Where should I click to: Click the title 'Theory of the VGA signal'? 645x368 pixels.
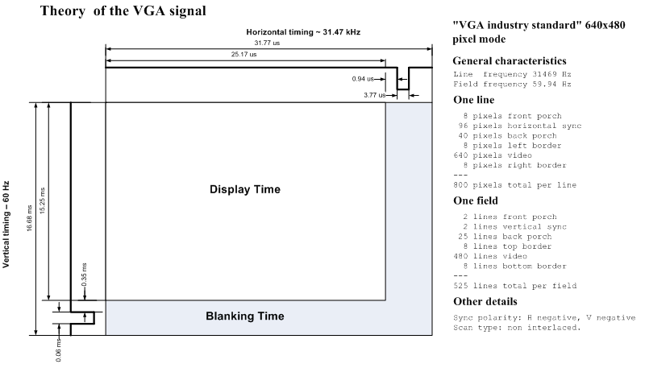[123, 10]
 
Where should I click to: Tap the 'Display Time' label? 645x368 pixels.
[245, 189]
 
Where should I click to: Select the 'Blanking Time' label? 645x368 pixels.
[245, 316]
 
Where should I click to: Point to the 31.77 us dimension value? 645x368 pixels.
[267, 43]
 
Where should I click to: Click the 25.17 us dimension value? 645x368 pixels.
[244, 54]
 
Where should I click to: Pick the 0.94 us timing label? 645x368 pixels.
[363, 79]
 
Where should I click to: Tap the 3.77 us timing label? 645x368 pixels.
[375, 95]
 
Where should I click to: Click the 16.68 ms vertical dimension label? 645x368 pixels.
[30, 218]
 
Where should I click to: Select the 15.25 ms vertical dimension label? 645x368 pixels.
[43, 201]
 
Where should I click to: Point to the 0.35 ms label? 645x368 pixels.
[84, 275]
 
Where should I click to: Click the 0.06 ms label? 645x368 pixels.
[58, 350]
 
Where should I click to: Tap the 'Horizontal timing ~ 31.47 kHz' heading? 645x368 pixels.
[303, 32]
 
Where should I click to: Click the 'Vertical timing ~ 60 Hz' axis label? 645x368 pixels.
[6, 224]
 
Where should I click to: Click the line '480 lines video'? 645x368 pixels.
[490, 256]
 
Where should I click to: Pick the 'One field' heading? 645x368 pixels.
[476, 201]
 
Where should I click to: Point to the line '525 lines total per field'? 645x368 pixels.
[515, 286]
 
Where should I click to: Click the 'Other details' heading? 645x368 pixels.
[485, 301]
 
